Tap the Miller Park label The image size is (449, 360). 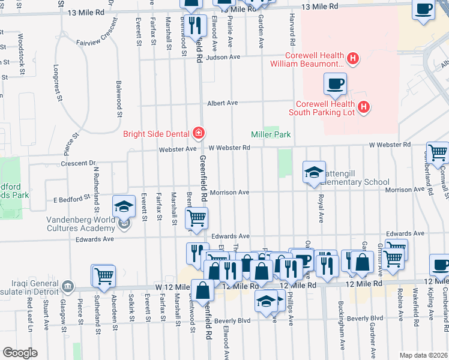point(271,134)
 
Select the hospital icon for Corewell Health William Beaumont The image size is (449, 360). point(354,59)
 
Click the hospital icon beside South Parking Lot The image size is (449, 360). point(363,107)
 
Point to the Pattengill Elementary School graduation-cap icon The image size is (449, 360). point(314,173)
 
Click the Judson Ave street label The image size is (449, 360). point(223,57)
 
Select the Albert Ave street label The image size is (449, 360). point(222,103)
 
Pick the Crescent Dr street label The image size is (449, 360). point(78,163)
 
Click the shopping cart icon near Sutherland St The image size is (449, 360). point(103,275)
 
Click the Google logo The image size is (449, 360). point(20,353)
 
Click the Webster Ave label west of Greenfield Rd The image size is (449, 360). point(178,148)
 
